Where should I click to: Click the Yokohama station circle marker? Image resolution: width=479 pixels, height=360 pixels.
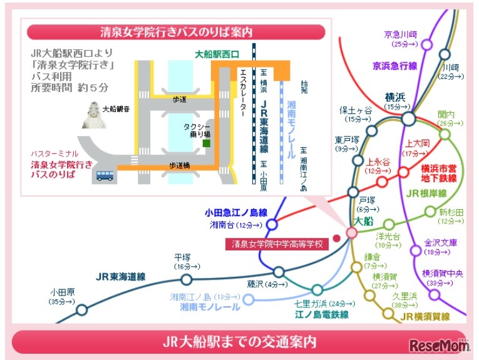click(x=408, y=118)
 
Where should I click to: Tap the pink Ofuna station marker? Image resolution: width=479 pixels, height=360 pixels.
click(x=351, y=232)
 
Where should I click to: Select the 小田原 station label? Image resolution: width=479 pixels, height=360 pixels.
click(x=63, y=292)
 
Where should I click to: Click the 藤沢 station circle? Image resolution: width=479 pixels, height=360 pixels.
click(x=279, y=272)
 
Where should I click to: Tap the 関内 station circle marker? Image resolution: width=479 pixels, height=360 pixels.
click(x=445, y=135)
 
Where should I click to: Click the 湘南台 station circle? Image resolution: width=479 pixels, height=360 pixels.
click(x=272, y=224)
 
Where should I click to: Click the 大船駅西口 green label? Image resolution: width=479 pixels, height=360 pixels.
click(x=217, y=55)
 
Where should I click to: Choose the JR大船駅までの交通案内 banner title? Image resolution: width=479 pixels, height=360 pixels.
click(x=239, y=342)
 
